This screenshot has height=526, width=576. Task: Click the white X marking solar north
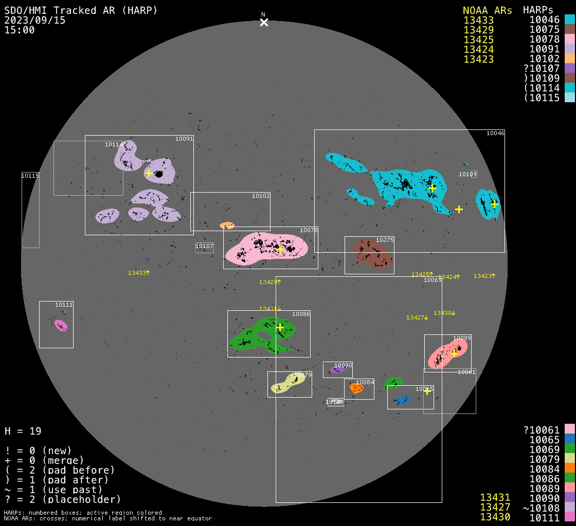coord(264,22)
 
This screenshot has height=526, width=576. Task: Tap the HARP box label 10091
coord(184,139)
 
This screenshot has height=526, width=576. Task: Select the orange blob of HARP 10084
coord(356,388)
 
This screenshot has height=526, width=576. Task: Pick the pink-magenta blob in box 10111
coord(61,325)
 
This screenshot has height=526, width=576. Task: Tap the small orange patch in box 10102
coord(227,226)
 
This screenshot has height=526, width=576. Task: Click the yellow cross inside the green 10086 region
coord(280,327)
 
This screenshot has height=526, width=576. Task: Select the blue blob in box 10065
coord(402,400)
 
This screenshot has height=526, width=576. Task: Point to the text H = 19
coord(23,431)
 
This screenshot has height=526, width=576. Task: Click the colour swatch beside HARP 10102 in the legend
coord(569,59)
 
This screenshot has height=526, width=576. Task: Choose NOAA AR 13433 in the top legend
coord(478,21)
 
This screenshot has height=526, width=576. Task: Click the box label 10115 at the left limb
coord(30,176)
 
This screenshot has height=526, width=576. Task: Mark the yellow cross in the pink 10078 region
coord(280,250)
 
